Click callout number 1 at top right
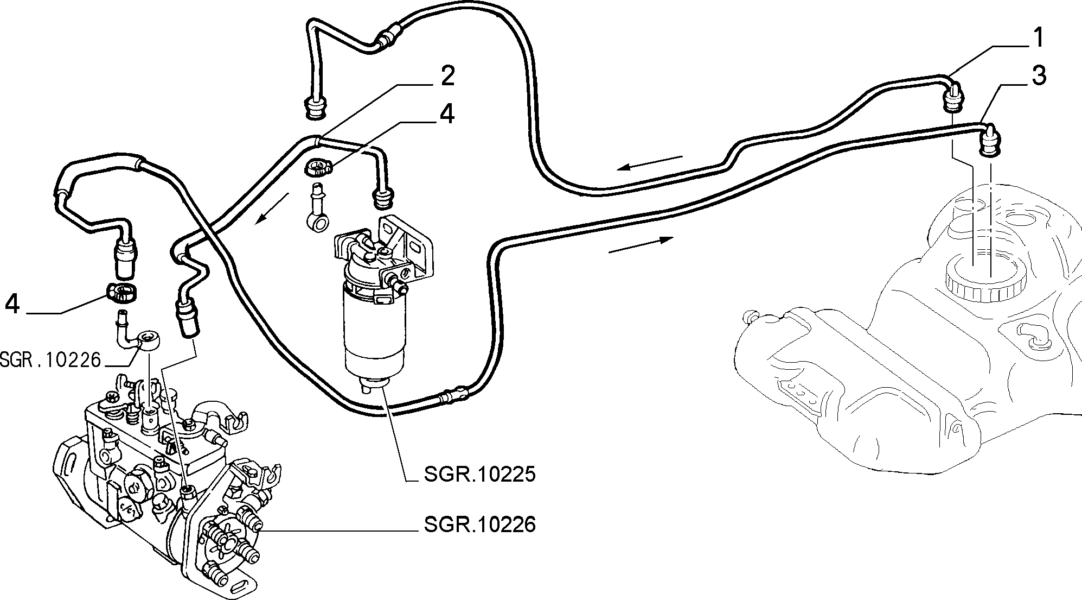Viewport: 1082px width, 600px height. [x=1037, y=38]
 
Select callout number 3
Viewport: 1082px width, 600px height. [x=1038, y=76]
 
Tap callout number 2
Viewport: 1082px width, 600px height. [x=446, y=77]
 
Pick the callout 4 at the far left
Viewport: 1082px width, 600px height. [x=12, y=305]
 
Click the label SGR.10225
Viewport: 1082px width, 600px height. [x=479, y=474]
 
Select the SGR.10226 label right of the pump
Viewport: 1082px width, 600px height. [x=479, y=525]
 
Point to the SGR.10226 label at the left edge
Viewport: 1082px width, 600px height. [x=50, y=359]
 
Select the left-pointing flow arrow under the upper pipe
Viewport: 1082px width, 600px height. [x=650, y=162]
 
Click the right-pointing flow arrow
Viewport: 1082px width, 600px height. [x=642, y=245]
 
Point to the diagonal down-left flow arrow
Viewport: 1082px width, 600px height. [x=272, y=208]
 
